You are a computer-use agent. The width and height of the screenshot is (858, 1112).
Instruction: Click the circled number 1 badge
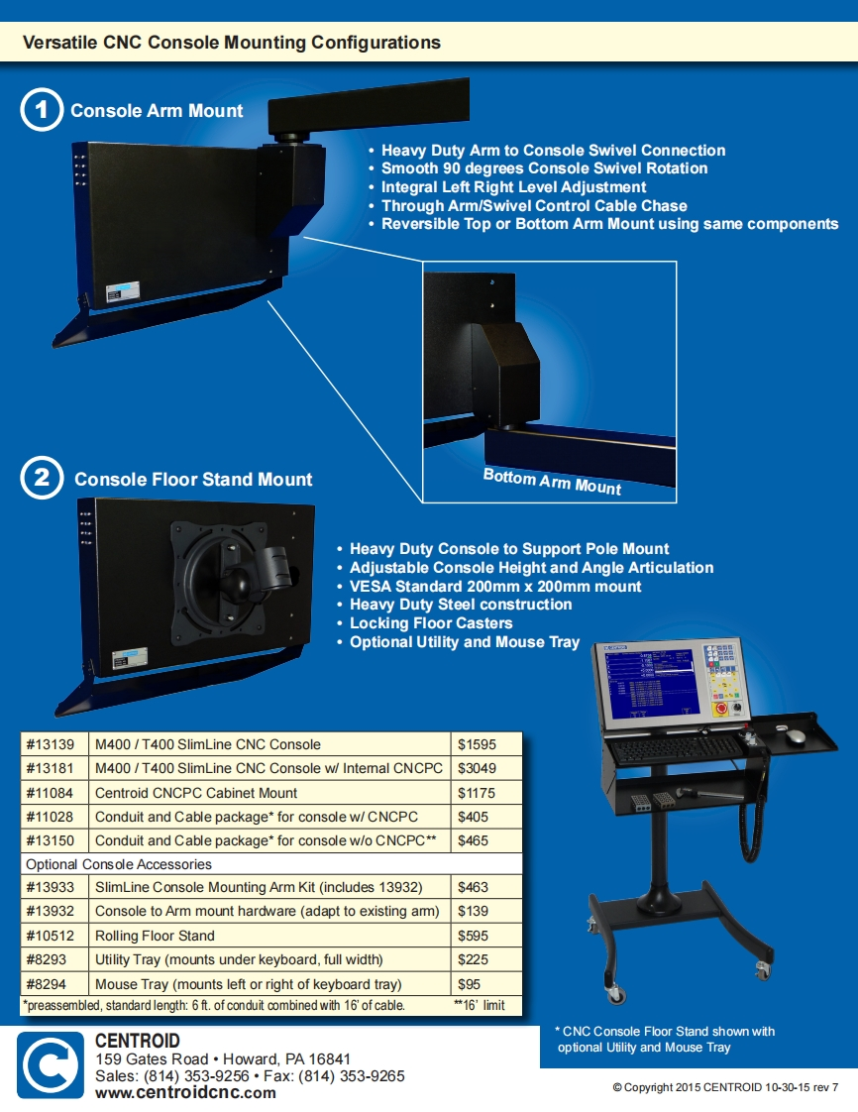point(42,111)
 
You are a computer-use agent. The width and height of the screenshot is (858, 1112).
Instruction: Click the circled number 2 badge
point(42,479)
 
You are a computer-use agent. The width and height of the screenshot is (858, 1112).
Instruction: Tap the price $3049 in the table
point(477,768)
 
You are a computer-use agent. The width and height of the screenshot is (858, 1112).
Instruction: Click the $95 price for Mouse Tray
point(469,984)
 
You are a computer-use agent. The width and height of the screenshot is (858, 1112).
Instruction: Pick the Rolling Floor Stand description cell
point(155,936)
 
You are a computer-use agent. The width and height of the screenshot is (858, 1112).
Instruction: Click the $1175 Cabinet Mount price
point(477,793)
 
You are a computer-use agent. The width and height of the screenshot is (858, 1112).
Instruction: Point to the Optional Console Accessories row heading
point(119,864)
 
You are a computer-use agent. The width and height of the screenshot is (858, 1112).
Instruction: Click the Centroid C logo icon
point(51,1064)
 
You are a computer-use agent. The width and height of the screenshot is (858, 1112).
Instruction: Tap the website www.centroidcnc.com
point(185,1093)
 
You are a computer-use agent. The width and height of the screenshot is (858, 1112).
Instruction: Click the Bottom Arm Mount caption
point(552,482)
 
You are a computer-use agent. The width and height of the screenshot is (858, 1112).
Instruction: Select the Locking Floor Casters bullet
point(431,623)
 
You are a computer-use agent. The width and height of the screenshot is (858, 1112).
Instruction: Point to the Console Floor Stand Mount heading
point(193,480)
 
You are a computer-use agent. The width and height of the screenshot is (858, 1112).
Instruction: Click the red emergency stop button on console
point(720,709)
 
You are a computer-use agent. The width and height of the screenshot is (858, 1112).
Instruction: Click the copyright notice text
point(725,1087)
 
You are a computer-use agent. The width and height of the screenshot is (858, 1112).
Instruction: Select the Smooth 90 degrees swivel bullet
point(544,168)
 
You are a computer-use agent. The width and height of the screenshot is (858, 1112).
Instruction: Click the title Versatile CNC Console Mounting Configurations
point(232,43)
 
